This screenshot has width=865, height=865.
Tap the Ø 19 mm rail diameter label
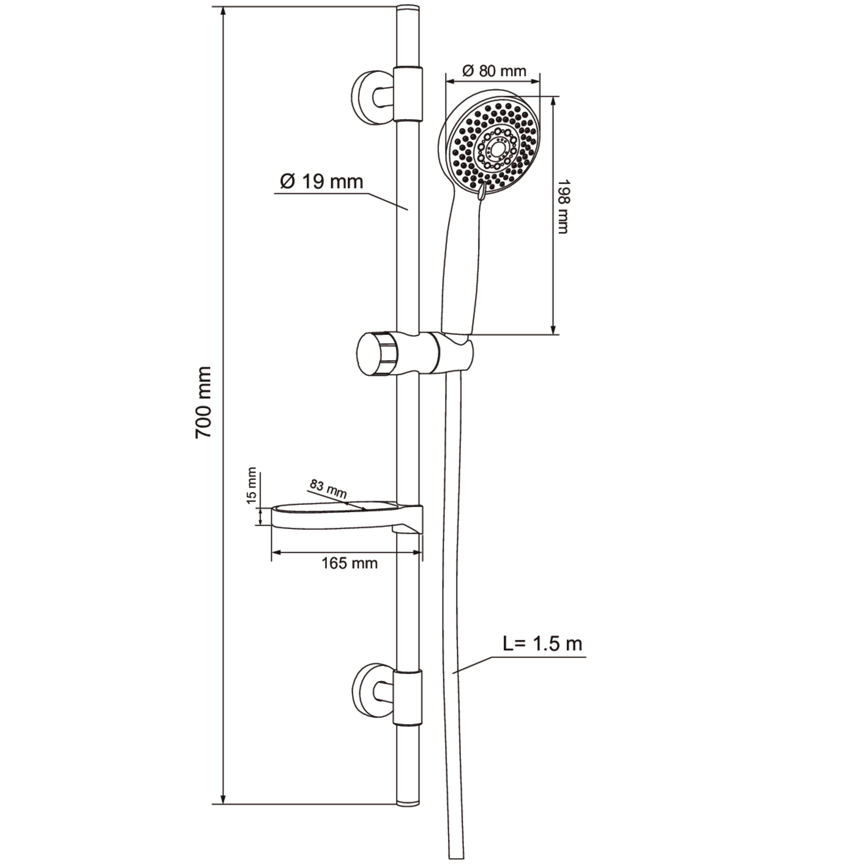tap(321, 181)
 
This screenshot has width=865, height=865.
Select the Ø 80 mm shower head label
tap(494, 71)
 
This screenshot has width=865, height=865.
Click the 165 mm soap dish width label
tap(349, 563)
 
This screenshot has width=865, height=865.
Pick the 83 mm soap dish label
tap(328, 489)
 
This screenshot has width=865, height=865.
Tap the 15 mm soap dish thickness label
tap(252, 486)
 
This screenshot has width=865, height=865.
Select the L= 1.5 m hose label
tap(542, 644)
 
